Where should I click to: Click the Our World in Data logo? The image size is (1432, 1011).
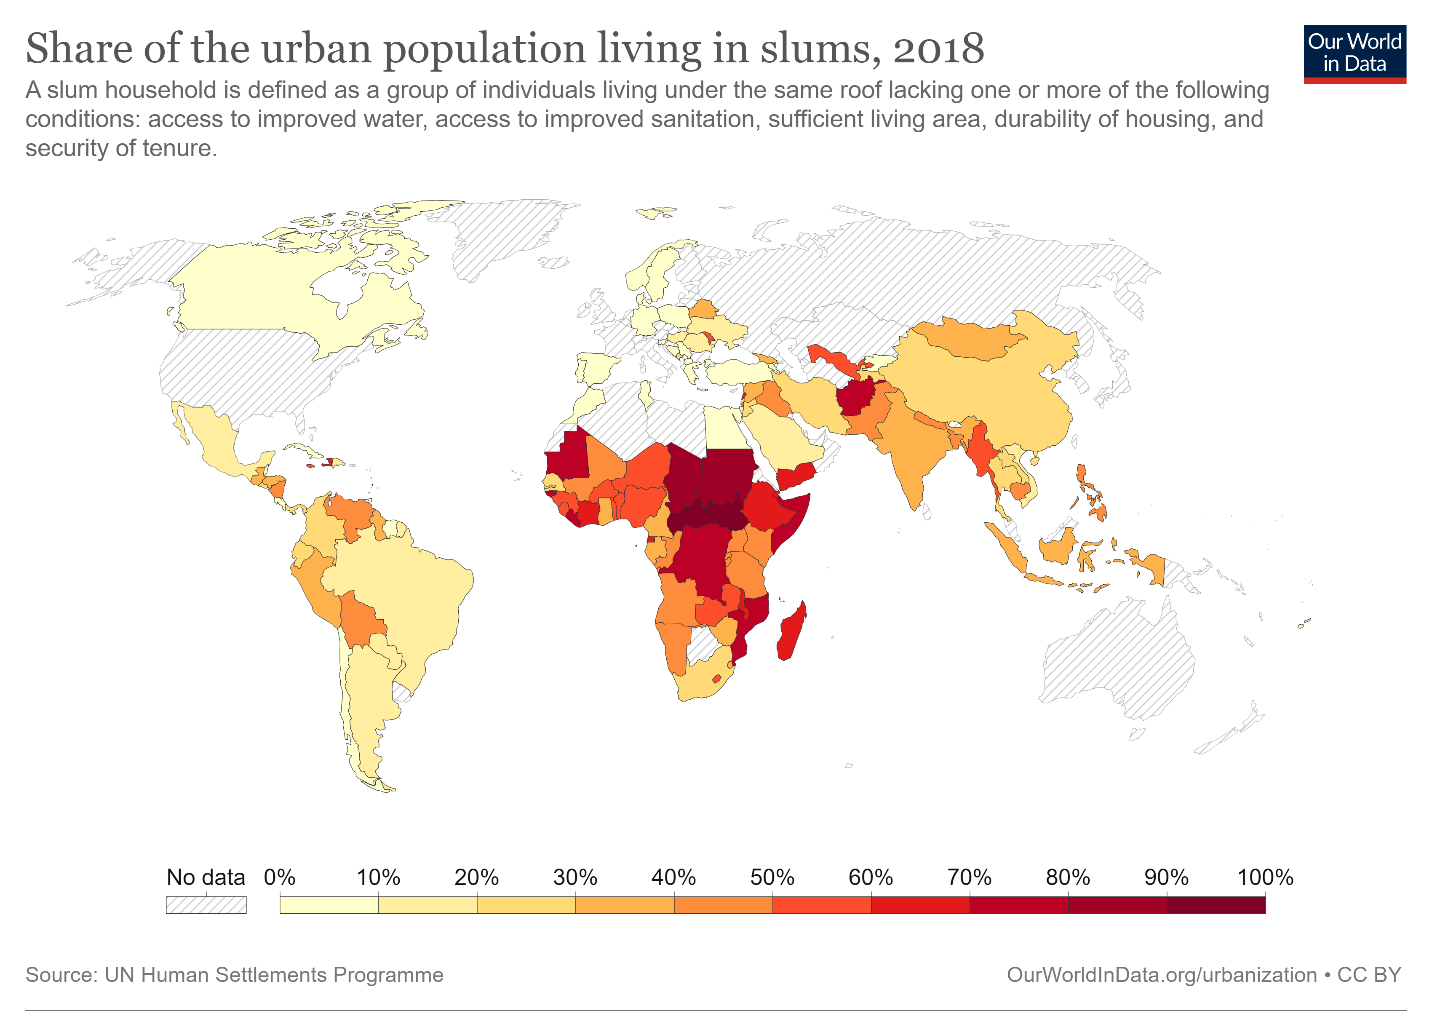1354,53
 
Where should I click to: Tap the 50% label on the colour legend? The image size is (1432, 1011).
772,877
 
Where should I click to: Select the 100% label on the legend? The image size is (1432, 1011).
1265,877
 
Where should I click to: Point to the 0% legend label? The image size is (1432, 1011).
279,877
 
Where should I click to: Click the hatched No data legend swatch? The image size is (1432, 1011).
206,904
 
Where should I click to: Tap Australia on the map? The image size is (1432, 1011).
1117,655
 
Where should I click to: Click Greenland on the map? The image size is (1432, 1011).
505,237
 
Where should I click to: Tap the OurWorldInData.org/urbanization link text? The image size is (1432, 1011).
1161,975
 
